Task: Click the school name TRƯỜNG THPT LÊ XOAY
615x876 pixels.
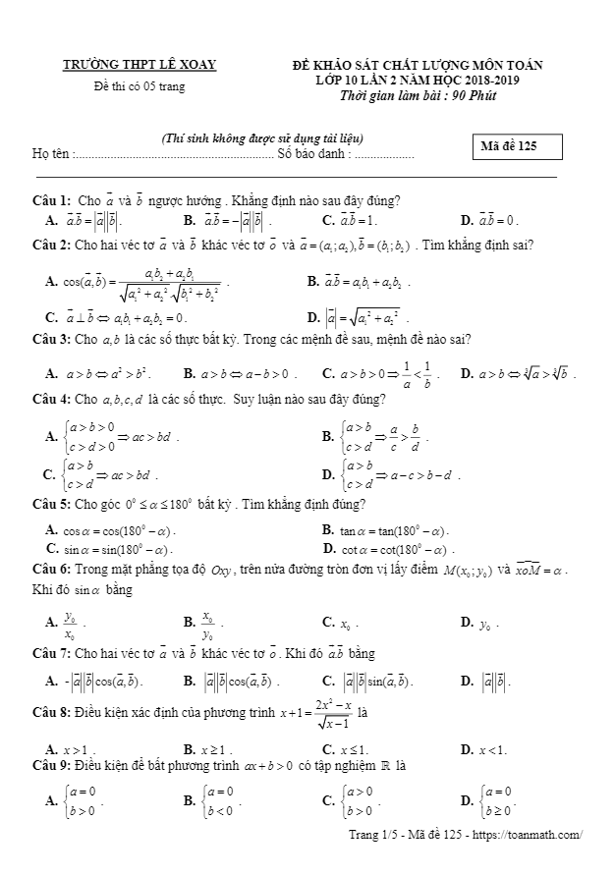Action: tap(140, 65)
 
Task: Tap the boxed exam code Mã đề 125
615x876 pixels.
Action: tap(518, 147)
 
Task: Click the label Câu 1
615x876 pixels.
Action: tap(50, 200)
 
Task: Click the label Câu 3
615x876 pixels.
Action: tap(50, 340)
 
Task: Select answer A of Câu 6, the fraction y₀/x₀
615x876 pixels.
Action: tap(71, 623)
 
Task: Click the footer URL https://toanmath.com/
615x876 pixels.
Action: tap(531, 836)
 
